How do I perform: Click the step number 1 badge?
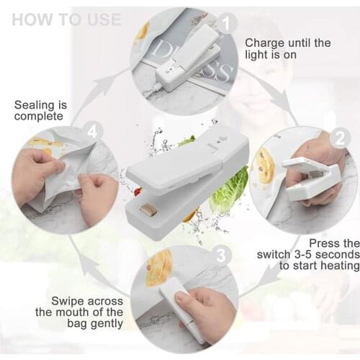226,24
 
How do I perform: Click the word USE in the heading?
102,19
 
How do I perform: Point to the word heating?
338,266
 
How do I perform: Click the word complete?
37,116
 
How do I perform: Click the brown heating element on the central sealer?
148,210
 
